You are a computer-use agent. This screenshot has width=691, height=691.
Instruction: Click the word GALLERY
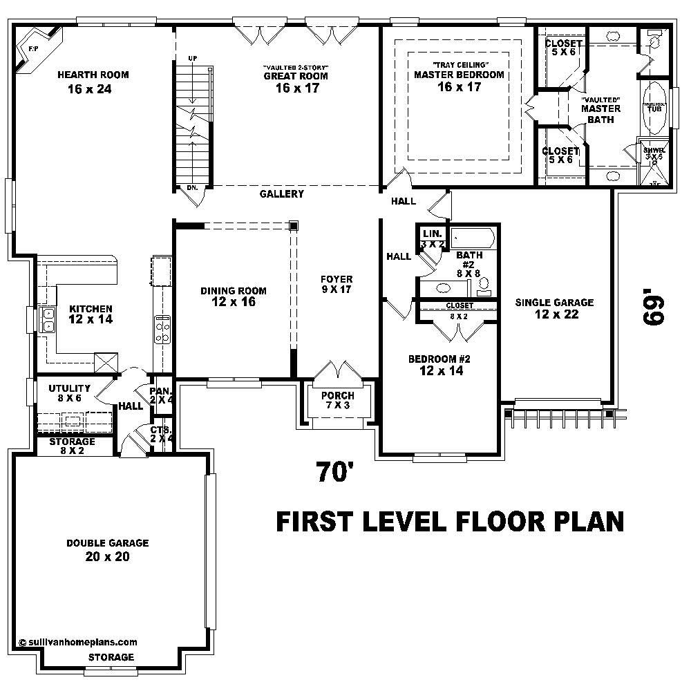coord(281,194)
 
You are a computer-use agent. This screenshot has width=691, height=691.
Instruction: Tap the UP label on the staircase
coord(193,58)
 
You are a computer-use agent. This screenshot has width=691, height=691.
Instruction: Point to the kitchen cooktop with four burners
coord(163,329)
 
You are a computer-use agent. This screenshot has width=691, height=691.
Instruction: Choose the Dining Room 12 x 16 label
coord(233,296)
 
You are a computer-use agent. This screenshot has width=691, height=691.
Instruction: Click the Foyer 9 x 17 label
coord(337,284)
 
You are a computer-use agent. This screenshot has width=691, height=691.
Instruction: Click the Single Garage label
coord(554,308)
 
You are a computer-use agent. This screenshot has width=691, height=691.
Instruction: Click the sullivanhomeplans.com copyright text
coord(78,642)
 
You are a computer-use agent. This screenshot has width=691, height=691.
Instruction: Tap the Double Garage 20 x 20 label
coord(107,549)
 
